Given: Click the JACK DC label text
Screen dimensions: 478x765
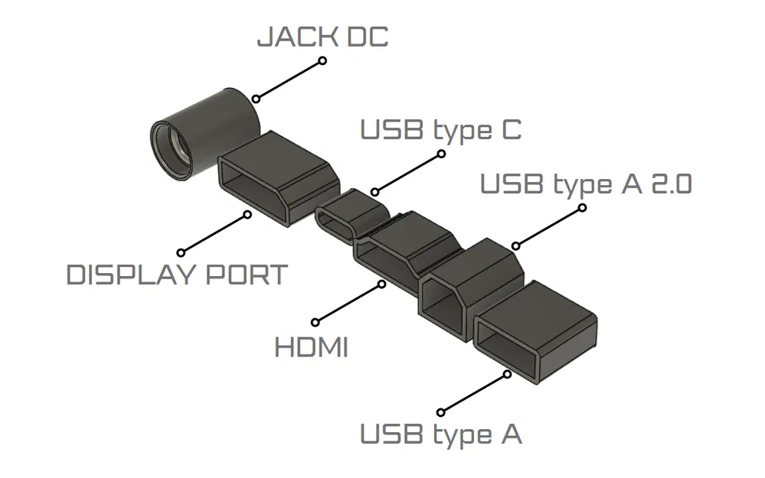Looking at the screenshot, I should pyautogui.click(x=322, y=37).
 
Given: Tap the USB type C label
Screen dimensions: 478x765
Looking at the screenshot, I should pyautogui.click(x=440, y=129).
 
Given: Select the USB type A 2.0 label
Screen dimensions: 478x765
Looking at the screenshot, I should pyautogui.click(x=585, y=184).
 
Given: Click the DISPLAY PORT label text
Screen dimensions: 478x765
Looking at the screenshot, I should pyautogui.click(x=177, y=275).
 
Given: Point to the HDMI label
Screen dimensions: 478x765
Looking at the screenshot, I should pyautogui.click(x=311, y=348).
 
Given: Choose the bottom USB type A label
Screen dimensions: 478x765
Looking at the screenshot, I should pyautogui.click(x=440, y=434).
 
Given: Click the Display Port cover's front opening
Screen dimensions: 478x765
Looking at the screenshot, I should pyautogui.click(x=250, y=184).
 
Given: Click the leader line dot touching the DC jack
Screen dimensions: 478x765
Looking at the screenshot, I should pyautogui.click(x=257, y=99).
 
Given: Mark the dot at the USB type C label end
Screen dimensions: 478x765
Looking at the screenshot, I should pyautogui.click(x=441, y=154).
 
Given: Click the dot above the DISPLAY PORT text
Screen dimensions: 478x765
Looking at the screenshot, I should pyautogui.click(x=181, y=252).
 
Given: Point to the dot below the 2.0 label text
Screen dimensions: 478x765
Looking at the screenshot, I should pyautogui.click(x=583, y=207).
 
